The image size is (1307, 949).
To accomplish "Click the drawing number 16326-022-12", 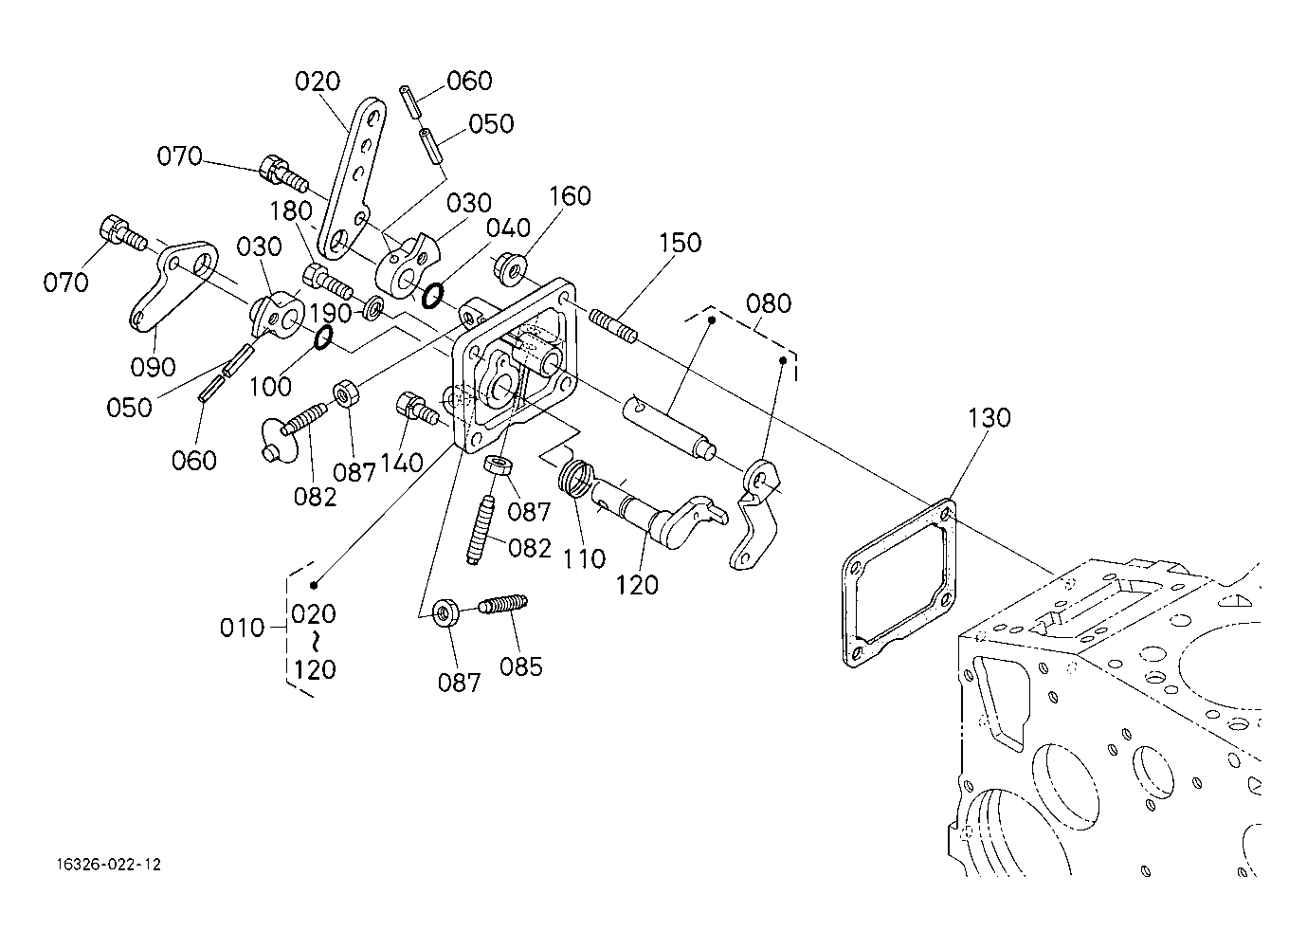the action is (x=109, y=865).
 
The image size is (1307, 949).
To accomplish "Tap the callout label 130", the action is (x=989, y=418).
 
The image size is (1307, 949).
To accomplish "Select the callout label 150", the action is (x=681, y=243).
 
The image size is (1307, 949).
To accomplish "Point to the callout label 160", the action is (x=570, y=196).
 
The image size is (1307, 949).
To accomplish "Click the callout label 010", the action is (x=242, y=628).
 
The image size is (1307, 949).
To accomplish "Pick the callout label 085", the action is (x=521, y=666).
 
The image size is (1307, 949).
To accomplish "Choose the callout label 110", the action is (x=584, y=559).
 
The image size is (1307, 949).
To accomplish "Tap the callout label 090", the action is (x=153, y=367).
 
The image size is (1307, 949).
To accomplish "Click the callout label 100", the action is (x=270, y=387).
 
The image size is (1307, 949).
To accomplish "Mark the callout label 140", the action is (x=402, y=464).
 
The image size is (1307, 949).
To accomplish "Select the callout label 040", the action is (x=508, y=228).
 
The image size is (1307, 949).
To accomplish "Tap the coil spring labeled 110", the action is (x=575, y=477).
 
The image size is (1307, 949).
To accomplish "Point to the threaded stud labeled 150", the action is (x=612, y=326).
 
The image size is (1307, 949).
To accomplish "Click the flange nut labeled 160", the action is (x=508, y=269).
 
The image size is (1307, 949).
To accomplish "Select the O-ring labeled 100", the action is (x=323, y=339).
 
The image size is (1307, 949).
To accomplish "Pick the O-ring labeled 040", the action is (x=432, y=296).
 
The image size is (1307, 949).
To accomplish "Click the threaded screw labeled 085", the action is (x=503, y=604).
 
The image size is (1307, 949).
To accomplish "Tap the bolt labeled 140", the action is (x=417, y=408).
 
